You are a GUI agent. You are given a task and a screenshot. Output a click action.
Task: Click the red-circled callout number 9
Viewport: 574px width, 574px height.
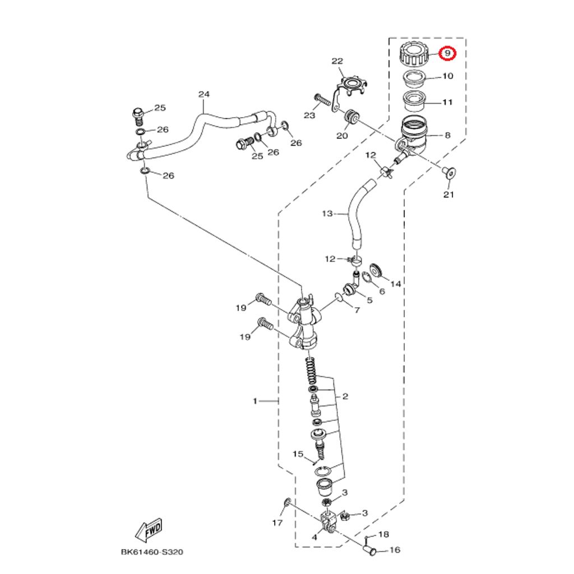(x=448, y=53)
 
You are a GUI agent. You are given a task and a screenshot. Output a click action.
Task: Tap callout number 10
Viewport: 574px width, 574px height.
(x=448, y=76)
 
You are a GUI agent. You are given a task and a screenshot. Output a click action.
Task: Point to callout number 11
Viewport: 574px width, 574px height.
(x=448, y=103)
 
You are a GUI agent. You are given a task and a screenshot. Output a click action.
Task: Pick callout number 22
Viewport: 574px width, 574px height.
(x=337, y=61)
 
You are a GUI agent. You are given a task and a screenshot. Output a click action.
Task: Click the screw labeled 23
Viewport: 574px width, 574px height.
(x=322, y=101)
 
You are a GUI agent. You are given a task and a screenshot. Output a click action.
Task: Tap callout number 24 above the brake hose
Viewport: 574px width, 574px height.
(x=203, y=95)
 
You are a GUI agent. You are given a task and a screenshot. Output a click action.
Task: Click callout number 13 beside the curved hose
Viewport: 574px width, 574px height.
(x=328, y=214)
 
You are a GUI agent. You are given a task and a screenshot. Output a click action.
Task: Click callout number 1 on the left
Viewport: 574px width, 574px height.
(x=255, y=401)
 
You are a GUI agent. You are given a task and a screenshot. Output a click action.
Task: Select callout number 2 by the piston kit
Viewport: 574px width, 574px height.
(x=345, y=396)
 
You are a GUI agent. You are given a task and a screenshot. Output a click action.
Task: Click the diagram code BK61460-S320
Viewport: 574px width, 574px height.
(x=152, y=552)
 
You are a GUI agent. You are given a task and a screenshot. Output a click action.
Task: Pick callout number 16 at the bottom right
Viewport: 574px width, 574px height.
(x=395, y=550)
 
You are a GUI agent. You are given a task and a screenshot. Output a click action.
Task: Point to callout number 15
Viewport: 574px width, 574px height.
(x=298, y=453)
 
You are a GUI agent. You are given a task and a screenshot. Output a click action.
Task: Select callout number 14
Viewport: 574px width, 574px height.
(x=396, y=284)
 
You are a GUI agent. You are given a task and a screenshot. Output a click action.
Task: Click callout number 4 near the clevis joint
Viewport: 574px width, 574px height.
(x=314, y=537)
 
